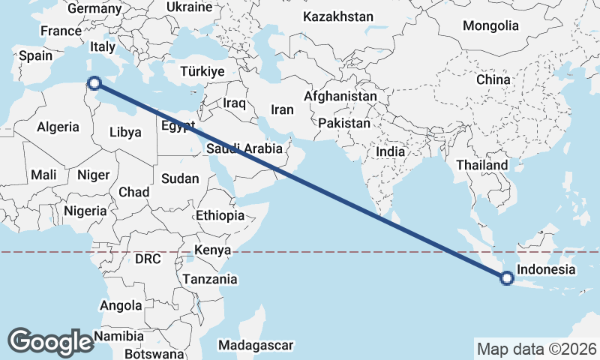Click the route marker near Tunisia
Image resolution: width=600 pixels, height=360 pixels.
[94, 84]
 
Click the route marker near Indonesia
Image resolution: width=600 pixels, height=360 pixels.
[507, 278]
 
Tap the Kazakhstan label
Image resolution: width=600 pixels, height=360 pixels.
[338, 16]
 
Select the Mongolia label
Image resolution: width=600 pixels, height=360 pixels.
[490, 25]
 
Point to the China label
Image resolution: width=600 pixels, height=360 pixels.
[493, 79]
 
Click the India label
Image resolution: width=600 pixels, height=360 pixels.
[390, 151]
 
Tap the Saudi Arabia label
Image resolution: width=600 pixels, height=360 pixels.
[244, 148]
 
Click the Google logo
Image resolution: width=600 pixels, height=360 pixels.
[50, 341]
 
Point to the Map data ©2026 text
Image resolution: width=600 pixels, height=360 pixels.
[536, 349]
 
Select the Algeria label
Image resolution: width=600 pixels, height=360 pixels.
[58, 127]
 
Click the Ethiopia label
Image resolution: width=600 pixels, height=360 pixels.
[220, 215]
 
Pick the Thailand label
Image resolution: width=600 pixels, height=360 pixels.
[482, 165]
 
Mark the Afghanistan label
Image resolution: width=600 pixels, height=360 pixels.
[340, 97]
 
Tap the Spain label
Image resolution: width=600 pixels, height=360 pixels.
[36, 55]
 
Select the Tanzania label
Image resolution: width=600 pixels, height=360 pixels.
[209, 279]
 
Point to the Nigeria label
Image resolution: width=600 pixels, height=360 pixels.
[85, 211]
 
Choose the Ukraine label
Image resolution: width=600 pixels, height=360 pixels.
[189, 7]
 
